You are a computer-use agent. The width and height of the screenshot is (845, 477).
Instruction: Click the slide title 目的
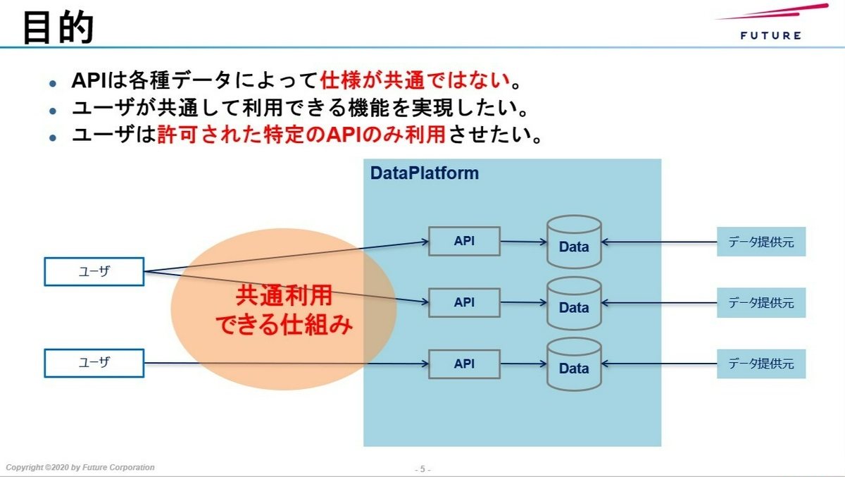click(x=58, y=27)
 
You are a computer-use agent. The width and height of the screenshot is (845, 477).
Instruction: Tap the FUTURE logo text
click(x=770, y=36)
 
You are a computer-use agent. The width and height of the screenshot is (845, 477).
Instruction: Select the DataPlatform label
click(x=425, y=173)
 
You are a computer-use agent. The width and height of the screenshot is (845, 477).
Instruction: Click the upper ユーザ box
click(x=94, y=272)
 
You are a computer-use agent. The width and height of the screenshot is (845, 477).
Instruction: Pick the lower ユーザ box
click(x=94, y=363)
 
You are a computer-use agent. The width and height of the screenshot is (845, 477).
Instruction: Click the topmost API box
click(x=464, y=241)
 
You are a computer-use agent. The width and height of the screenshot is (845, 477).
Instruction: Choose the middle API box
click(x=464, y=303)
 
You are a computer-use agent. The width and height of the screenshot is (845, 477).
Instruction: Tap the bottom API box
click(x=464, y=364)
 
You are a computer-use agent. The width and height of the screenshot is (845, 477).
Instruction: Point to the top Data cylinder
click(x=574, y=242)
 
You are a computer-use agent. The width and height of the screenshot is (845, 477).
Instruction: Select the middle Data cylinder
click(x=574, y=304)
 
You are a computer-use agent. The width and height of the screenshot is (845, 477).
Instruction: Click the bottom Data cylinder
click(x=574, y=364)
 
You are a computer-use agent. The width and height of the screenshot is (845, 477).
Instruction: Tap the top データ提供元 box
click(x=761, y=242)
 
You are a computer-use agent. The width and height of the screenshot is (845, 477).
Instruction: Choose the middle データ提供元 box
click(x=761, y=303)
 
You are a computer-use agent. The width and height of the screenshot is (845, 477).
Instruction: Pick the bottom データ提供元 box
click(x=761, y=364)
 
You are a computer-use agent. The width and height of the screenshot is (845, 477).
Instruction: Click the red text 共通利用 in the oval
click(x=284, y=295)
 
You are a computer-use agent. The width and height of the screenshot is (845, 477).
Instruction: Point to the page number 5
click(x=423, y=469)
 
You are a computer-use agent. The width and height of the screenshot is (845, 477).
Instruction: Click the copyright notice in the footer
click(x=80, y=467)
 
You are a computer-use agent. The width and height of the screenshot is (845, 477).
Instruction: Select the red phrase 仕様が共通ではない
click(x=415, y=80)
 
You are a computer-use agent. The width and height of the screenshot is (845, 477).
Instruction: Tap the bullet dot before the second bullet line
click(x=53, y=111)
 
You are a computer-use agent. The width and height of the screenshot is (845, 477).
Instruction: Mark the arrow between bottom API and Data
click(x=524, y=364)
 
